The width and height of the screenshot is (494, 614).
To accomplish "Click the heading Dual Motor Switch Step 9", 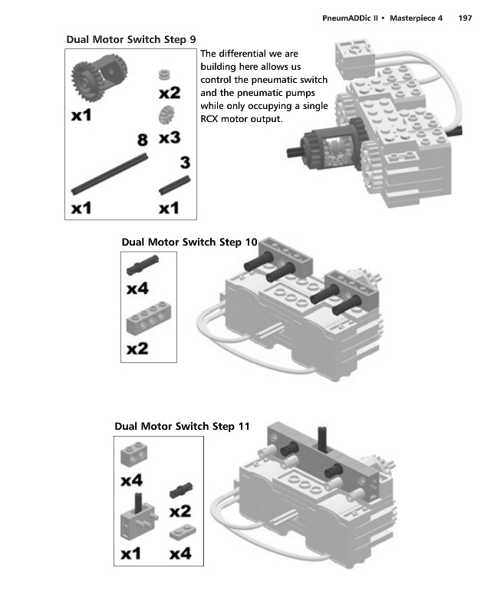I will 125,39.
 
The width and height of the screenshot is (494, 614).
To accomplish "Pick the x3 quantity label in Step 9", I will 170,138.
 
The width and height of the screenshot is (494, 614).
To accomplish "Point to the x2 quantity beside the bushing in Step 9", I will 170,93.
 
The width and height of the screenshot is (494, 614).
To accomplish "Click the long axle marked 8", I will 109,173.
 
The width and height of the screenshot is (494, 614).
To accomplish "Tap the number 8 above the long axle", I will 142,140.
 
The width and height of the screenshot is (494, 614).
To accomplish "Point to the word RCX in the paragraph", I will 209,120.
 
